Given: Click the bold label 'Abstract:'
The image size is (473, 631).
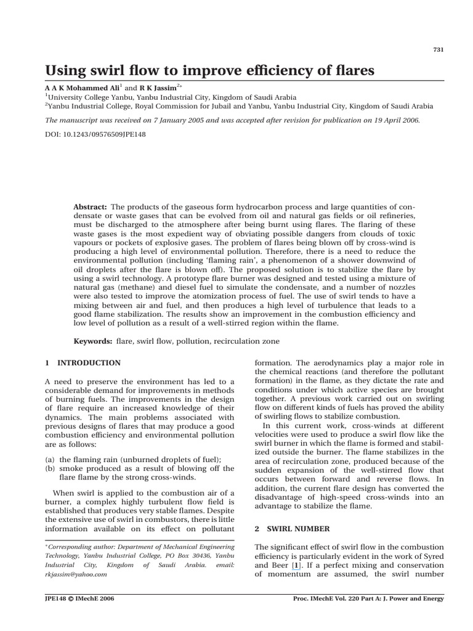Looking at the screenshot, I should tap(91, 208).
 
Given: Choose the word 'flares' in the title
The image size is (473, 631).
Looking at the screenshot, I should tap(352, 70).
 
